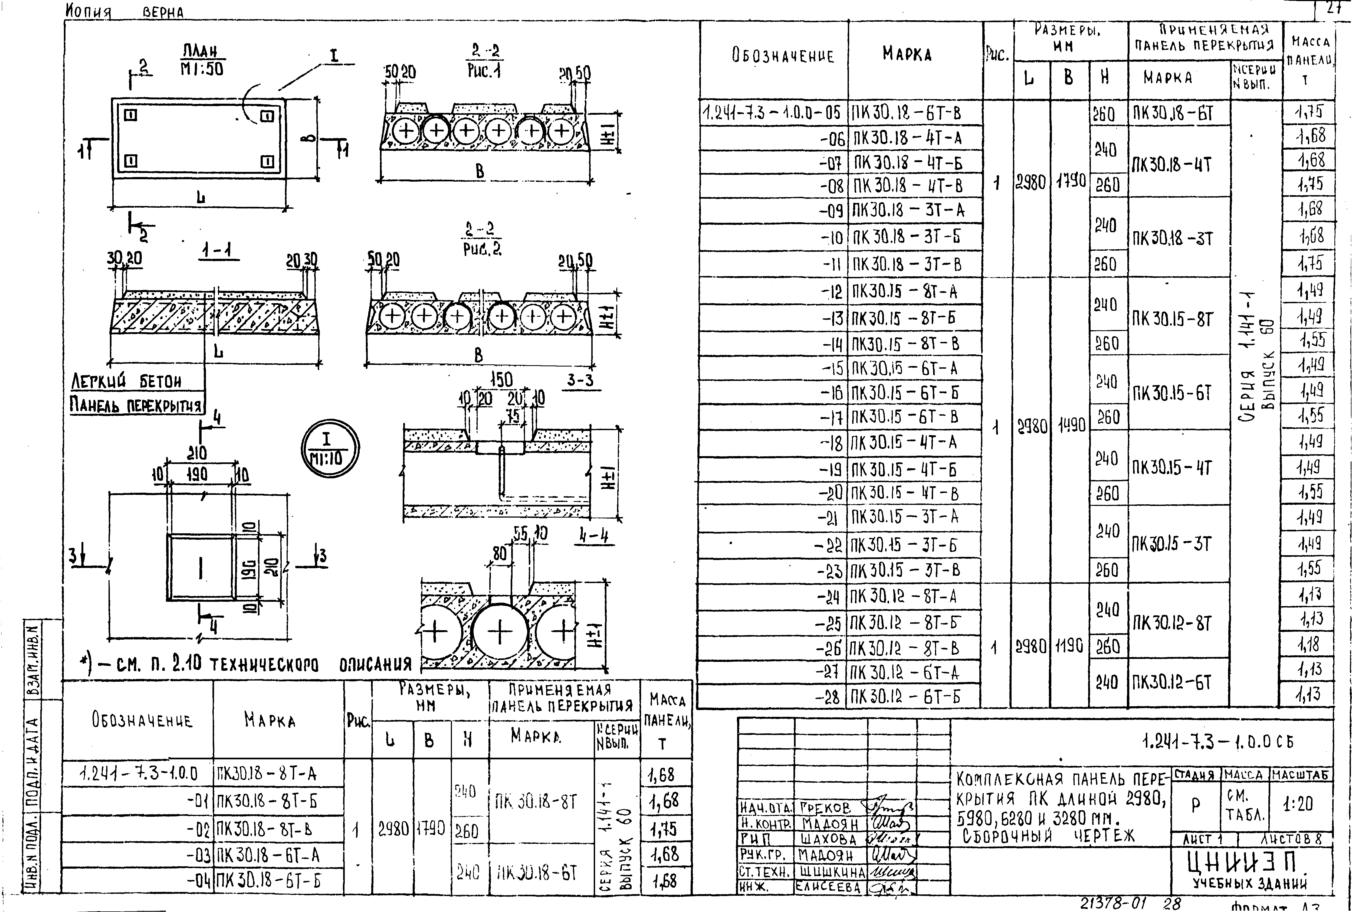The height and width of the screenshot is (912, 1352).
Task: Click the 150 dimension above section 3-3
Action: (501, 380)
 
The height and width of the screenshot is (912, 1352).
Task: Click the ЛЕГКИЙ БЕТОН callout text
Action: (126, 382)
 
